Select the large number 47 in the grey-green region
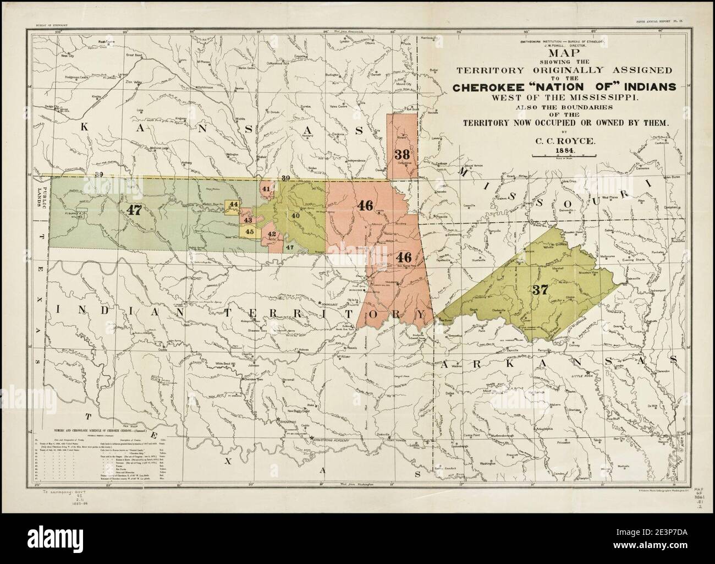click(x=134, y=209)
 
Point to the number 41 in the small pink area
click(x=266, y=189)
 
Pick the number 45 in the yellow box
click(x=249, y=232)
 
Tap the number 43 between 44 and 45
click(x=248, y=220)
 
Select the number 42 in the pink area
click(x=272, y=234)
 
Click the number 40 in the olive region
click(x=295, y=216)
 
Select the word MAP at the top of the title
click(x=558, y=53)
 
